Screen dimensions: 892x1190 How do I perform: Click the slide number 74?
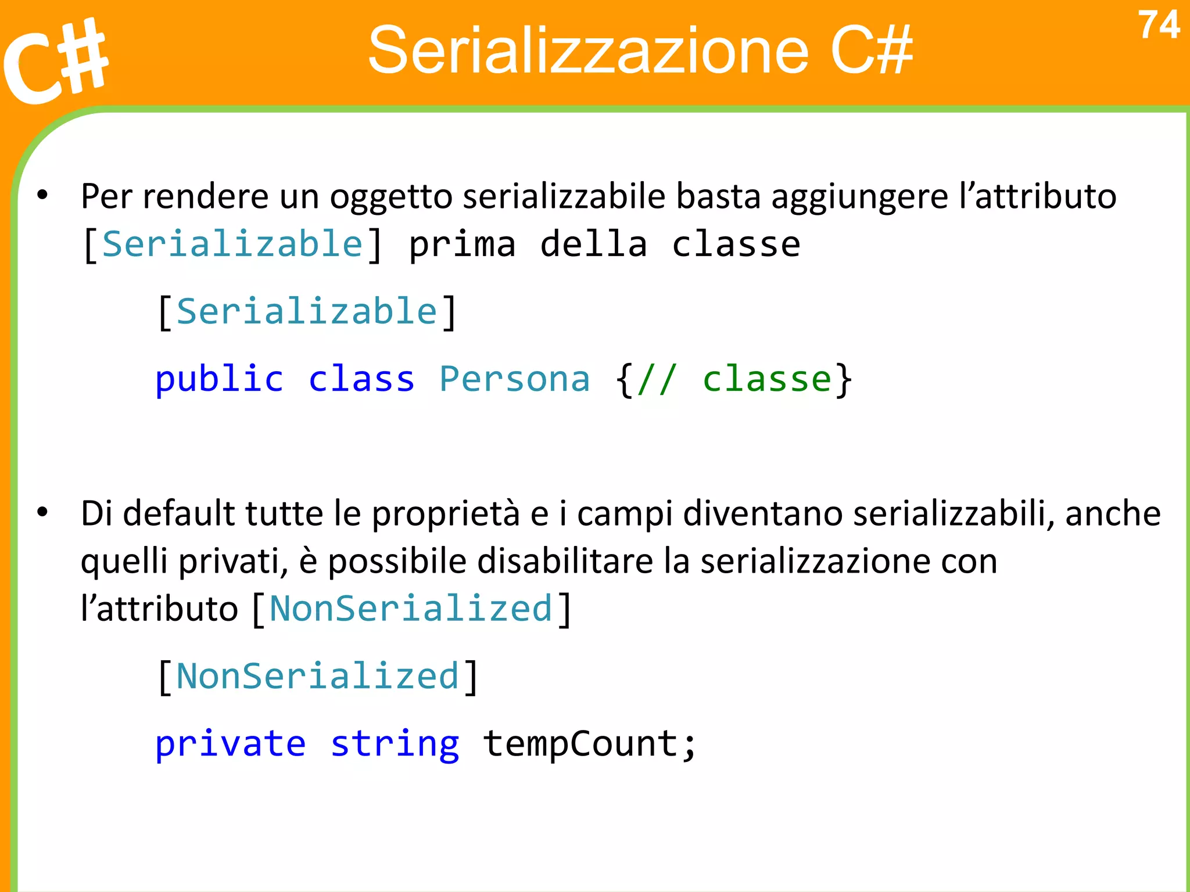pos(1159,26)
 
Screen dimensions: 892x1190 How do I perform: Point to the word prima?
pos(463,244)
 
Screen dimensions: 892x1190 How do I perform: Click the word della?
pos(593,244)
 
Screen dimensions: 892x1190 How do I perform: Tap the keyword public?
pos(219,380)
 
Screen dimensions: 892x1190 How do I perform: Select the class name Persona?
pos(514,380)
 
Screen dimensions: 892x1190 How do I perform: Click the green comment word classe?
pos(768,380)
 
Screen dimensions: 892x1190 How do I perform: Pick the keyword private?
pos(230,744)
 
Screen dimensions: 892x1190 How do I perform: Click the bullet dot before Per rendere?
pos(42,195)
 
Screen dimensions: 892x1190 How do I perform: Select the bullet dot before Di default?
pos(42,513)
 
